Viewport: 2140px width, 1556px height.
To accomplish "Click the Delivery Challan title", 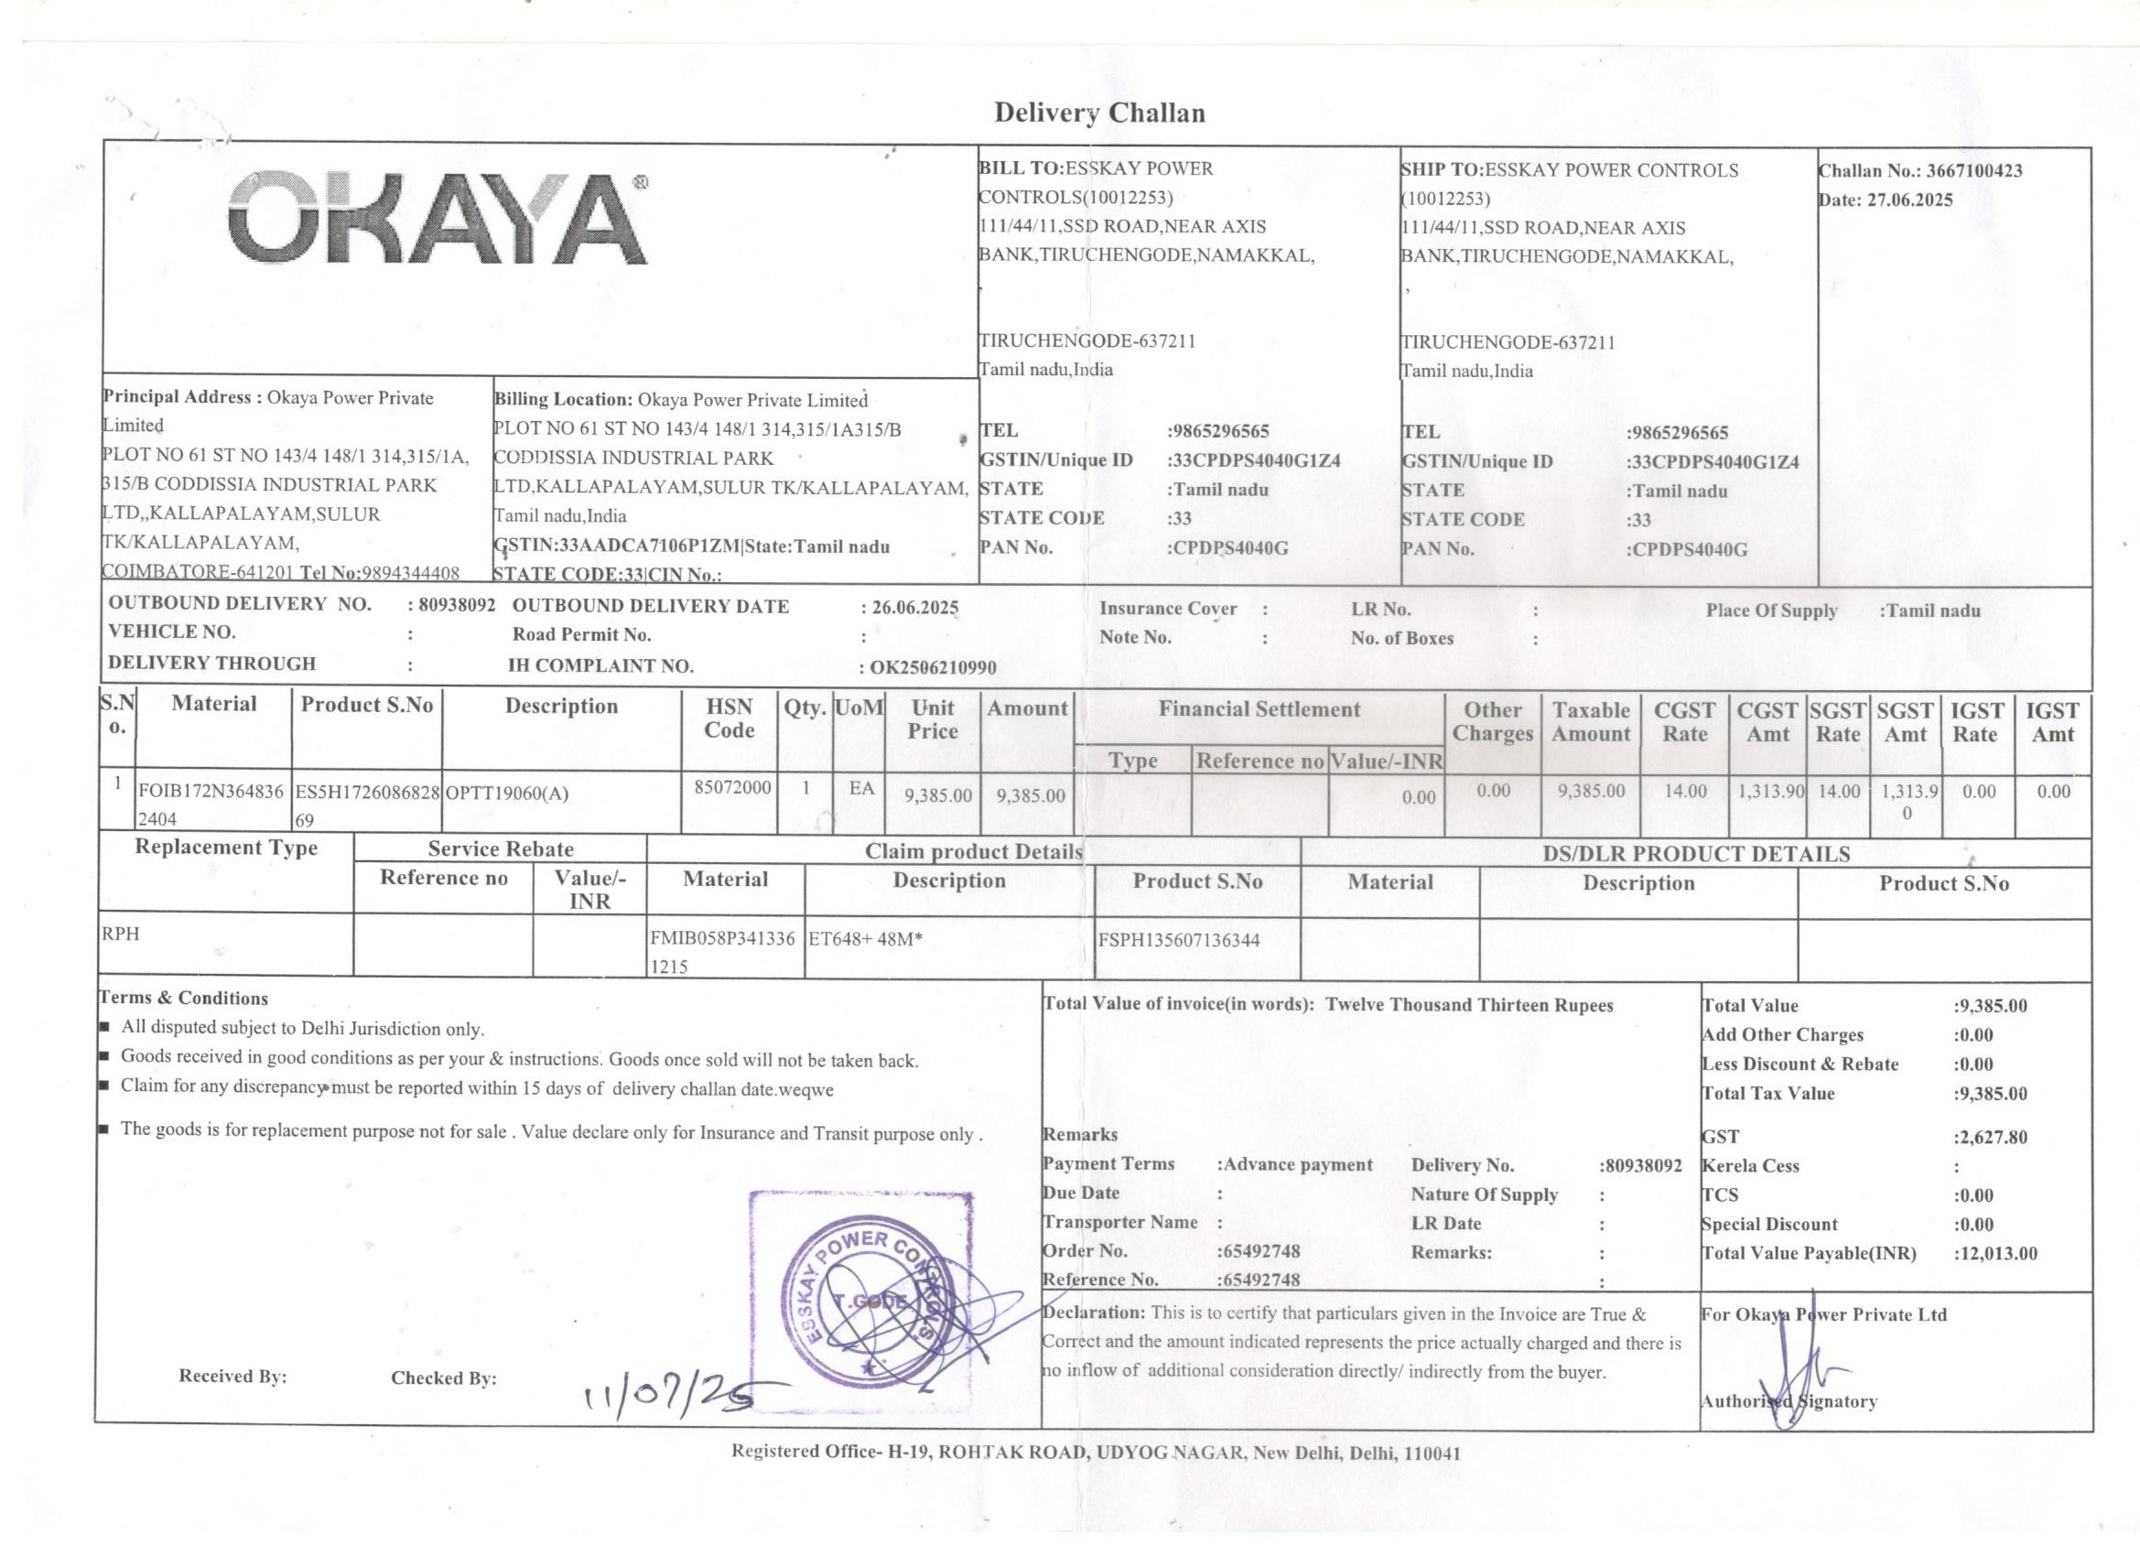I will pyautogui.click(x=1099, y=113).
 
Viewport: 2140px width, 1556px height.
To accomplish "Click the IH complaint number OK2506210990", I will pyautogui.click(x=932, y=668).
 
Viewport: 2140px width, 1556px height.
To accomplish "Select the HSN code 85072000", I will pyautogui.click(x=732, y=788).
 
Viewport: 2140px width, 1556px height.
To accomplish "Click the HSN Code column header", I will pyautogui.click(x=730, y=719).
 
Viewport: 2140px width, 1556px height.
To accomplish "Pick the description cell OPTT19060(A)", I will pyautogui.click(x=507, y=794).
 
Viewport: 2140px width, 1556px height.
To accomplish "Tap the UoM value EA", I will pyautogui.click(x=860, y=788).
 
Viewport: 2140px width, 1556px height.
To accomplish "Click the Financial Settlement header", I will pyautogui.click(x=1259, y=709).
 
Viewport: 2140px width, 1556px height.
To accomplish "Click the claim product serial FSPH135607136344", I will pyautogui.click(x=1179, y=940).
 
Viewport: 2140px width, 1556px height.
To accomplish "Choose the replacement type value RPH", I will pyautogui.click(x=121, y=935).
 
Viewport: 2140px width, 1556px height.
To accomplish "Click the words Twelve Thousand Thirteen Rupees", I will pyautogui.click(x=1469, y=1005).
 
